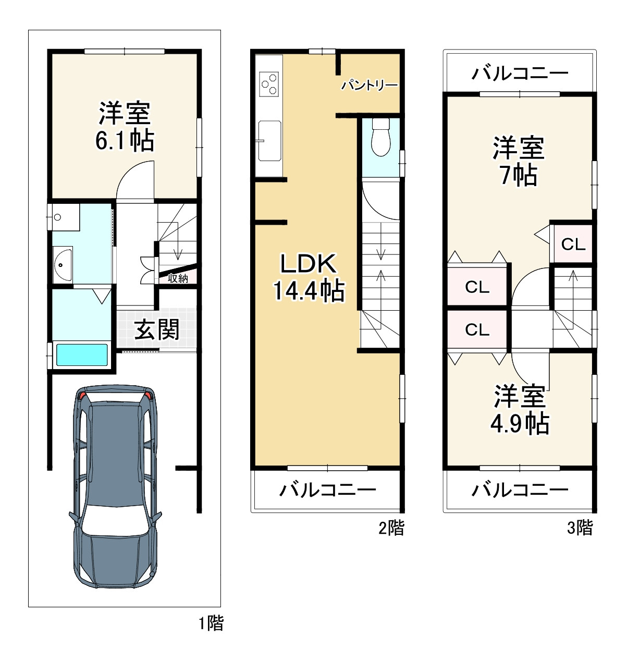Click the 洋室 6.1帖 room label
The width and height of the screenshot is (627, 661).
124,127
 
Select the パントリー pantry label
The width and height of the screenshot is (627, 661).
370,85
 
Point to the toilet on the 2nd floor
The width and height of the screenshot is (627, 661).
381,137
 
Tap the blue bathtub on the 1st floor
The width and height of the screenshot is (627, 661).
82,355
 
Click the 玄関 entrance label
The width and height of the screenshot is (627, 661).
156,329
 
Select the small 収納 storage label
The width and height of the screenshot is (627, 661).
178,278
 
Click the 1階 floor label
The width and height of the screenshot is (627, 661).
211,623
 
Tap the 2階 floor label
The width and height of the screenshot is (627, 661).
391,528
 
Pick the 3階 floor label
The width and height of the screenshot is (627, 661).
580,528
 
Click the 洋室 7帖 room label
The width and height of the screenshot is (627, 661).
519,161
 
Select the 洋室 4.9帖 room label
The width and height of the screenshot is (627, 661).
520,410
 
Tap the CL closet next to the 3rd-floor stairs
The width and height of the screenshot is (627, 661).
573,244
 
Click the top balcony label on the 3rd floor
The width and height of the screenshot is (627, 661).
520,73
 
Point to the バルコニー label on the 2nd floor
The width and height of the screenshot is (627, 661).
327,490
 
